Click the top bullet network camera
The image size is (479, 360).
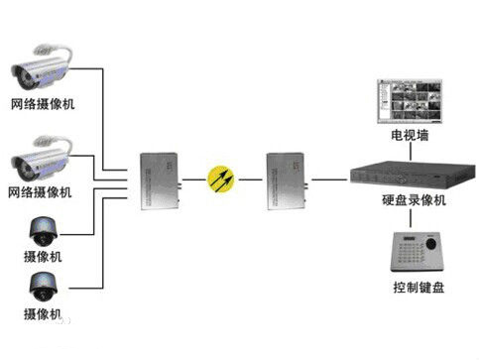[42, 67]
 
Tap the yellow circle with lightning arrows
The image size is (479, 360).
[221, 178]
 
